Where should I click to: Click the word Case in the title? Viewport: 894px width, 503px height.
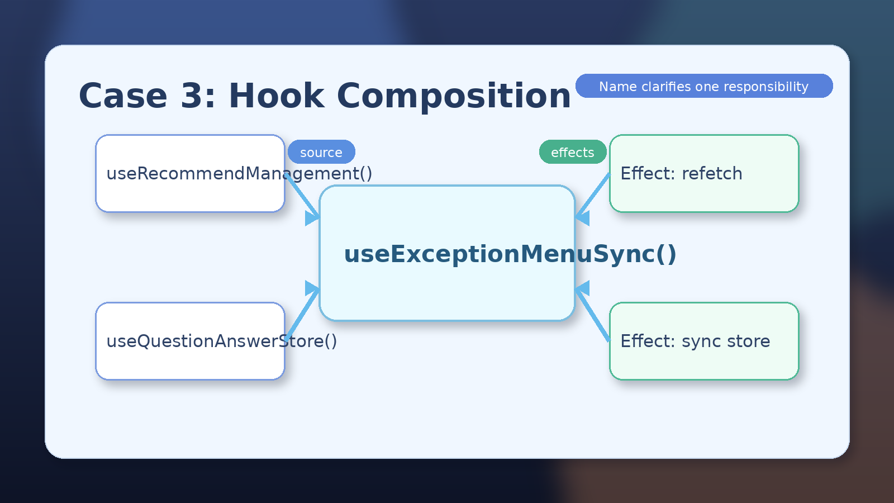coord(123,96)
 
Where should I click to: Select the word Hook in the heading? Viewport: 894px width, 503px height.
coord(277,96)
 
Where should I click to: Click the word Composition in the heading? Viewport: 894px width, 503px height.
coord(454,97)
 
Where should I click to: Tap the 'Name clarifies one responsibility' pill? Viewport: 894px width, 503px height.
coord(704,86)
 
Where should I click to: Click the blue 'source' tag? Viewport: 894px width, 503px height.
coord(321,151)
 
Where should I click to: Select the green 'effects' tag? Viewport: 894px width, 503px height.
coord(573,151)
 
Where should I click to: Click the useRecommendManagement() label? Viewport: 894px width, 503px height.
coord(239,174)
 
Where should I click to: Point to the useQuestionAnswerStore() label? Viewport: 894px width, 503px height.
coord(221,341)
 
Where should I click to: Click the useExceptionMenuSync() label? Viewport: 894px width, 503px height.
coord(510,254)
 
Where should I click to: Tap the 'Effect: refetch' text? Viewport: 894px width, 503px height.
coord(681,174)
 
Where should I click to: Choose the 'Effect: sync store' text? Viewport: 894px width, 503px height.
coord(695,341)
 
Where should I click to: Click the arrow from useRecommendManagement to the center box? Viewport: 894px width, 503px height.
coord(302,196)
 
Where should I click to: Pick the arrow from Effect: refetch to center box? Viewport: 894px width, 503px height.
coord(592,196)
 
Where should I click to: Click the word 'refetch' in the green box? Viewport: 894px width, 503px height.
coord(712,174)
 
